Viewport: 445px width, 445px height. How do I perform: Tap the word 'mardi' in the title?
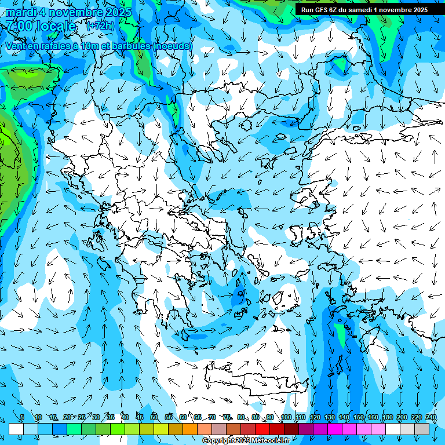[20, 12]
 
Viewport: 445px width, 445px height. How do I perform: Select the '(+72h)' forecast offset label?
[100, 26]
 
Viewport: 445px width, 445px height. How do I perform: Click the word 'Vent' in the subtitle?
[16, 45]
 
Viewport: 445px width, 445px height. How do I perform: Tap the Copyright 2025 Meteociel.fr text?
[246, 440]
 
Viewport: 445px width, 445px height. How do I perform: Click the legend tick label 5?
[22, 417]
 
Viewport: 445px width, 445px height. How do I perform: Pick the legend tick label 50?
[154, 417]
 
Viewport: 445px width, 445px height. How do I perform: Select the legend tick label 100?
[286, 417]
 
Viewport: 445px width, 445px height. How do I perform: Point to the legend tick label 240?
[431, 417]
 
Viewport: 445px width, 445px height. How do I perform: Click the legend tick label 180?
[388, 417]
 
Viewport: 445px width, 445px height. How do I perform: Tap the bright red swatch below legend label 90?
[262, 429]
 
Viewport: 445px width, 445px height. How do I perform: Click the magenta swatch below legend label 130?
[335, 429]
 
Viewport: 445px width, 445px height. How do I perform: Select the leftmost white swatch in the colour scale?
[16, 429]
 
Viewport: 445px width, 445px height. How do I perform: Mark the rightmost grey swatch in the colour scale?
[422, 429]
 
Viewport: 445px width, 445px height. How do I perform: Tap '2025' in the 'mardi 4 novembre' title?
[115, 12]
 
